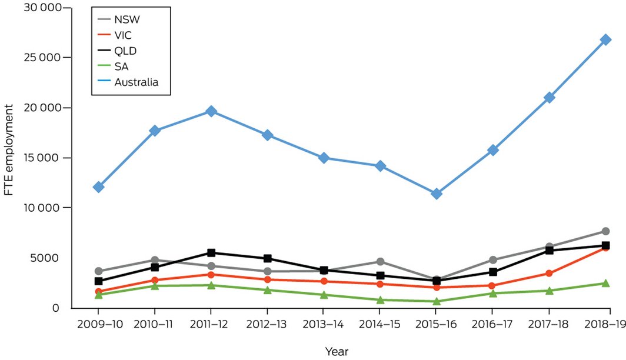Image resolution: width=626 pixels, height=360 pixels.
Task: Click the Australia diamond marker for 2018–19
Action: coord(605,39)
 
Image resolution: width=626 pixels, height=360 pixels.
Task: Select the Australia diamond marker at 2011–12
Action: coord(211,111)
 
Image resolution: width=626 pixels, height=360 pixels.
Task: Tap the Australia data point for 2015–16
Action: coord(437,194)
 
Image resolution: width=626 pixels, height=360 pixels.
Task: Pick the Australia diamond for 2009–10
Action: coord(98,187)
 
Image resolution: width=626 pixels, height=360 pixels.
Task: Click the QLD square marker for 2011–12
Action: coord(211,253)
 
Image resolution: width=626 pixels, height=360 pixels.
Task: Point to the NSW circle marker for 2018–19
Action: coord(605,231)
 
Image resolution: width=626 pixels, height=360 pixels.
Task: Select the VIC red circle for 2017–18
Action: coord(549,273)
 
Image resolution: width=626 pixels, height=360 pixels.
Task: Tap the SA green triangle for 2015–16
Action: coord(437,301)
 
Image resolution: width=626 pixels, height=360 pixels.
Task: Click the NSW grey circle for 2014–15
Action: coord(380,261)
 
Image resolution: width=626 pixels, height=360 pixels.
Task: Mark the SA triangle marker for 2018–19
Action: coord(605,284)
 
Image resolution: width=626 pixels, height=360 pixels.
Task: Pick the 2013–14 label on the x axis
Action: coord(324,324)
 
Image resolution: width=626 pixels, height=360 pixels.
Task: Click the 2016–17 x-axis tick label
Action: coord(492,324)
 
